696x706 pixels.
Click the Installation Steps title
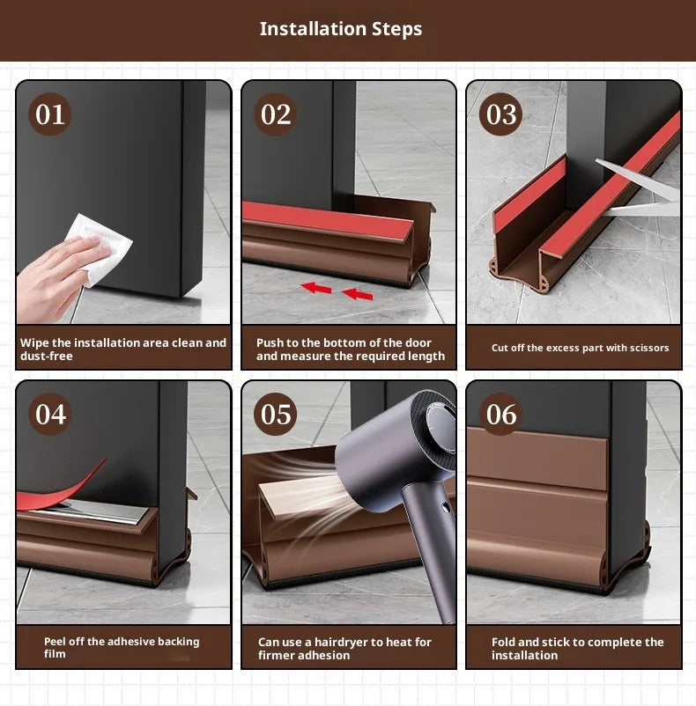[x=341, y=29]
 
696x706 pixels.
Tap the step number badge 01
[x=50, y=114]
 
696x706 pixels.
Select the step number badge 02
[x=276, y=114]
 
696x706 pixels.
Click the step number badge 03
[x=501, y=114]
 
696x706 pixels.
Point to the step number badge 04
[x=50, y=414]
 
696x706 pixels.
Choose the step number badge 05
[x=276, y=414]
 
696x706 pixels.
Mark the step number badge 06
[x=501, y=414]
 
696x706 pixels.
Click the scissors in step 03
[x=639, y=189]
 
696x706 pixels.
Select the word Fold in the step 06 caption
[x=505, y=642]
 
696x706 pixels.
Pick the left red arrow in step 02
[x=317, y=286]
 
